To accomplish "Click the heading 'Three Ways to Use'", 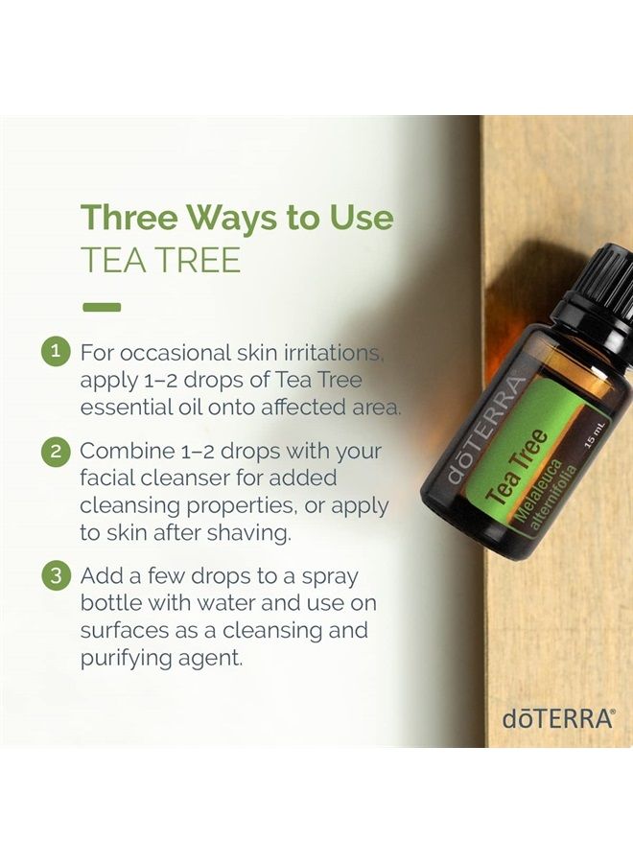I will pos(237,218).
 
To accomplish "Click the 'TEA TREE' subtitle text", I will pos(160,260).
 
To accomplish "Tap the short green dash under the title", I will pos(102,308).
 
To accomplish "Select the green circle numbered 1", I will pos(56,352).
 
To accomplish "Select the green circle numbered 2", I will pos(56,451).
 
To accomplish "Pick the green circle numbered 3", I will pos(56,576).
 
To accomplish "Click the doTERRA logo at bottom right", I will pos(557,718).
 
